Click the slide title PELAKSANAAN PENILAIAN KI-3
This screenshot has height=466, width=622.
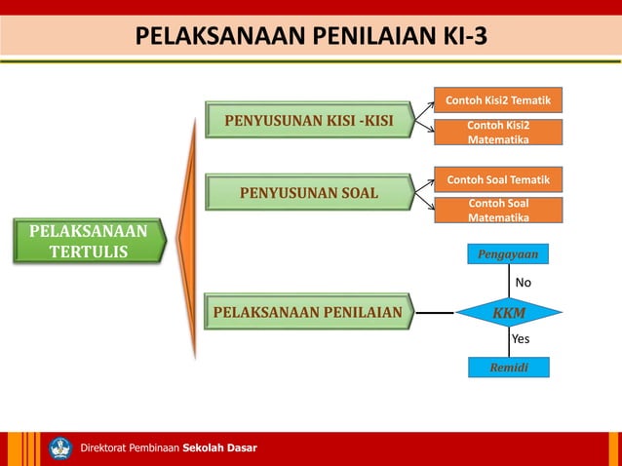[x=310, y=37]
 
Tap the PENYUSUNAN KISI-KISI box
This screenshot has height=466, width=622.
[x=308, y=121]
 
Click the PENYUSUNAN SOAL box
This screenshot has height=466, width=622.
[x=308, y=191]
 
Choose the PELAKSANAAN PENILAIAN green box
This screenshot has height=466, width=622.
[x=308, y=313]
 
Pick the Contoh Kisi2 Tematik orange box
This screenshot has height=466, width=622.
[x=497, y=100]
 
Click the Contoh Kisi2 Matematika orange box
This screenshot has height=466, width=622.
[x=497, y=133]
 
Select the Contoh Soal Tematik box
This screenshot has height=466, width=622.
[x=497, y=180]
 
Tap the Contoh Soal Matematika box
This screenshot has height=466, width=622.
[x=497, y=211]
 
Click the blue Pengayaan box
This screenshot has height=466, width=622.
[x=507, y=254]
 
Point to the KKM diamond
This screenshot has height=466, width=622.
[x=508, y=313]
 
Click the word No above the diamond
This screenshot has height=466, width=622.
[x=524, y=283]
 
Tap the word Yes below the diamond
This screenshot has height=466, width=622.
[x=521, y=339]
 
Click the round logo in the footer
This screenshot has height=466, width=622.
[x=60, y=448]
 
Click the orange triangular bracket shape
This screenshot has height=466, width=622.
[x=188, y=239]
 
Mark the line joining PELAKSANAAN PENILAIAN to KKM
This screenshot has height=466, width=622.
[x=435, y=313]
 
